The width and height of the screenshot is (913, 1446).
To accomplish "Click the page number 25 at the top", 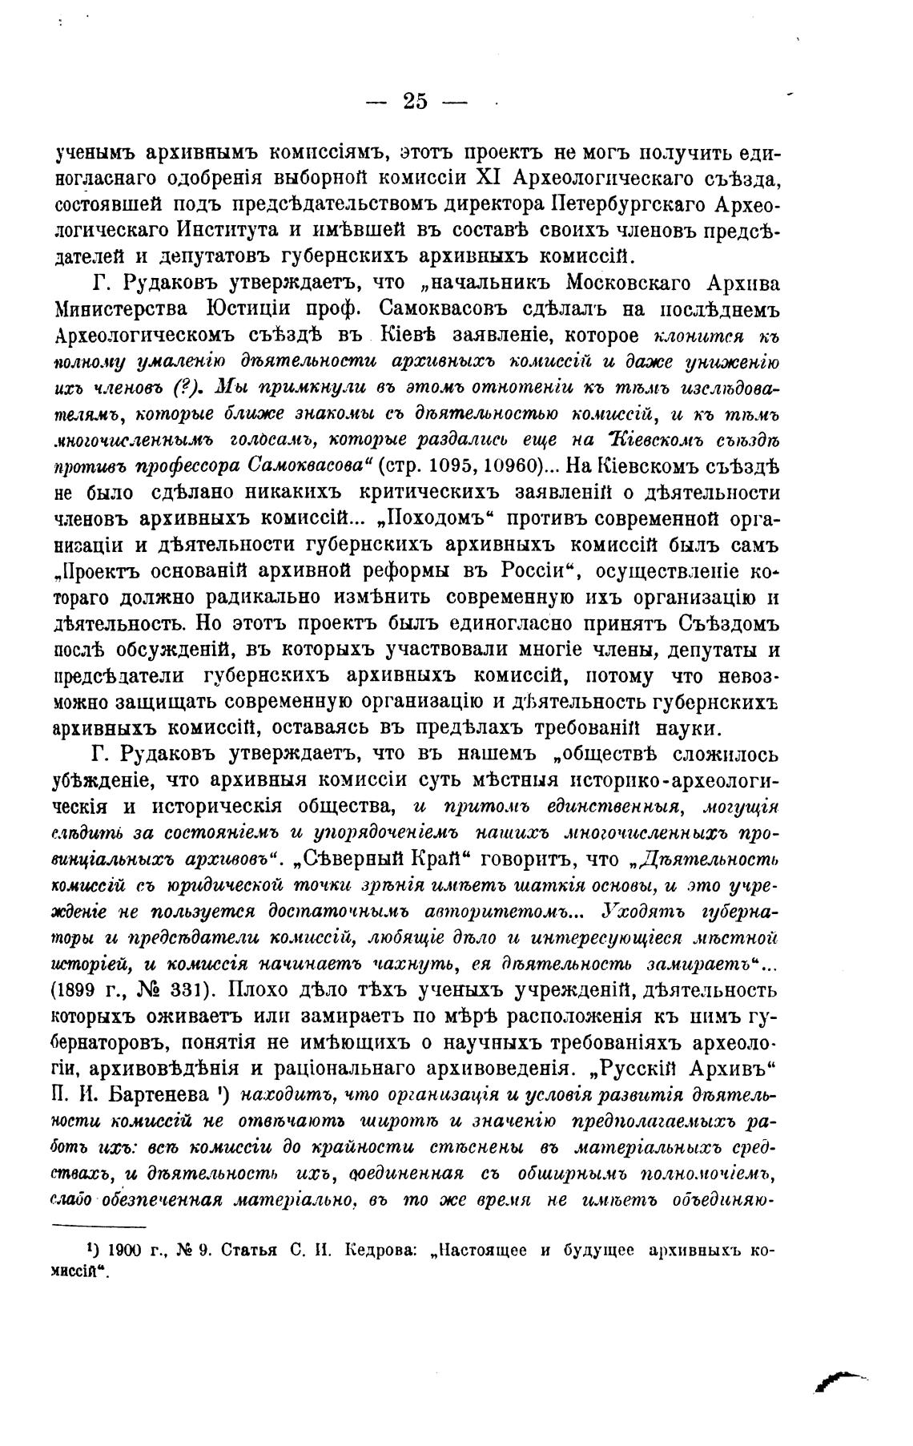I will pyautogui.click(x=416, y=101).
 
